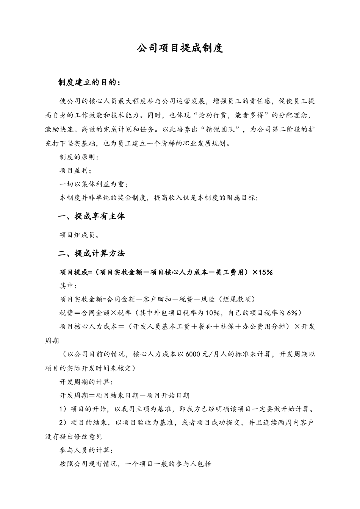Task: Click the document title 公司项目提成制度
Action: (180, 48)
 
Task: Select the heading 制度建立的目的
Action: (89, 82)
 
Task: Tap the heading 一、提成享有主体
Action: (91, 216)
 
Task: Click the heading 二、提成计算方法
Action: (91, 253)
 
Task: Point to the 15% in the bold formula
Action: (265, 272)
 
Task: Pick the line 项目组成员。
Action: (80, 235)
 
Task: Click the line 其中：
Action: (69, 286)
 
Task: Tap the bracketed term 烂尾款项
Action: (237, 299)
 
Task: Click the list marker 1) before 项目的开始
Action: (63, 409)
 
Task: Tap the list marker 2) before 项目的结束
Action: (63, 423)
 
